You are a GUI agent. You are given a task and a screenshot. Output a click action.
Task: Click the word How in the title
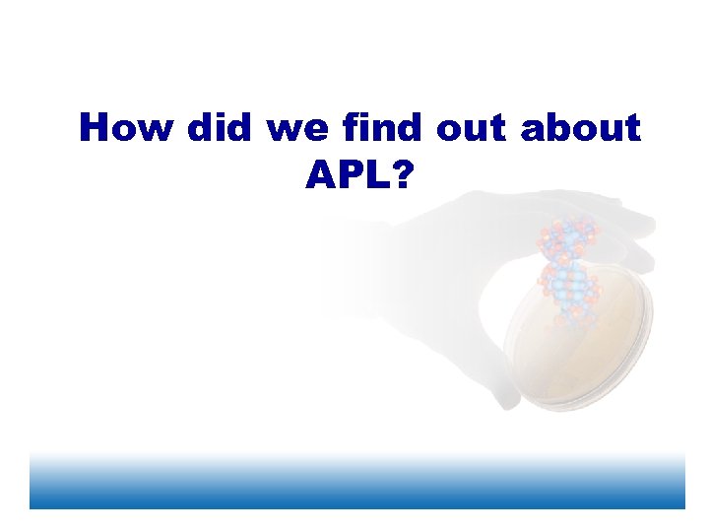click(125, 127)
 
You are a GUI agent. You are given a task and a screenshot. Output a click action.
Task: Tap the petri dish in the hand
click(581, 345)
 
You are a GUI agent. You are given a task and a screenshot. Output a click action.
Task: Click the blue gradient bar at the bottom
click(356, 483)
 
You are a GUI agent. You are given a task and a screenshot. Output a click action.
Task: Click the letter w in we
click(287, 130)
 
